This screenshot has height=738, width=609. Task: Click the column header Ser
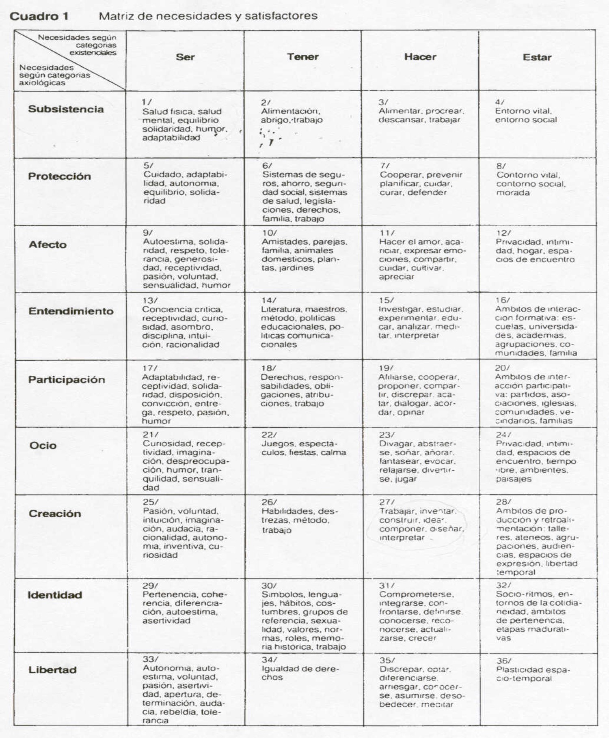[185, 57]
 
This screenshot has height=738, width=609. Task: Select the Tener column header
[303, 57]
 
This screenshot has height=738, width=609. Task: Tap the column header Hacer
[420, 57]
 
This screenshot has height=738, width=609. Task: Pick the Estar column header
[537, 57]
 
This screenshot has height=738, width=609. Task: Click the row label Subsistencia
[66, 109]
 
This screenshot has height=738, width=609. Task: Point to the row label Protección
[59, 176]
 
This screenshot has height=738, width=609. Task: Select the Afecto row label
[48, 245]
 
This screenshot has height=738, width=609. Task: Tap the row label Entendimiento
[71, 311]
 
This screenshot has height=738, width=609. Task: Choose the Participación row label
[67, 380]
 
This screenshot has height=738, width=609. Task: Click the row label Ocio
[43, 445]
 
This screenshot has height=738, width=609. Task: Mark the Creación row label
[55, 514]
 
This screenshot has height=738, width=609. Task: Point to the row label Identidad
[55, 595]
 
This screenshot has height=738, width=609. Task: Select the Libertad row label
[52, 670]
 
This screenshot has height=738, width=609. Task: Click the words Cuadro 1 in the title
[39, 17]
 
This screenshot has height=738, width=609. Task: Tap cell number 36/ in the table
[503, 661]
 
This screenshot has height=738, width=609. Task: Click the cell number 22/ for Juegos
[269, 435]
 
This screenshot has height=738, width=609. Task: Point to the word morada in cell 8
[513, 193]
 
